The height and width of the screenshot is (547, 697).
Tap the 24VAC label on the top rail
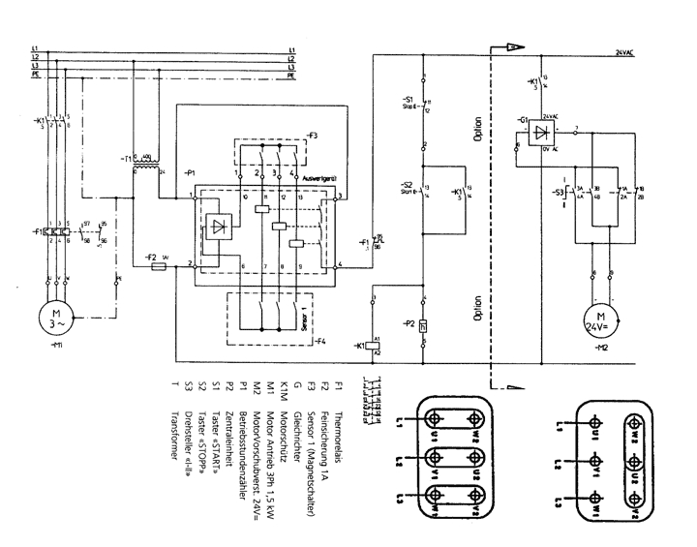point(628,51)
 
